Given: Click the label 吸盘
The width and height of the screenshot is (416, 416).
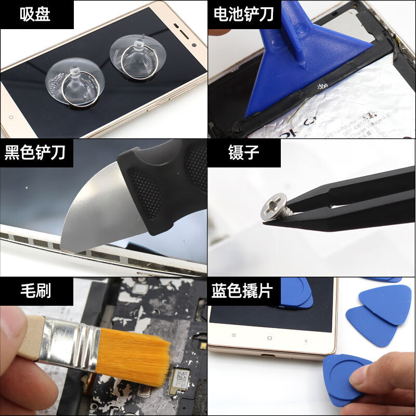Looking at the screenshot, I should pos(35,14).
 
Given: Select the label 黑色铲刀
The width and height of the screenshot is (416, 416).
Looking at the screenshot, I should pos(35,153).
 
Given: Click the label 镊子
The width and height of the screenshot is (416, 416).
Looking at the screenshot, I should pos(243,153).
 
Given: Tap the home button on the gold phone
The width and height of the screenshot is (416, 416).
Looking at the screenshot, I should pos(269,339).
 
